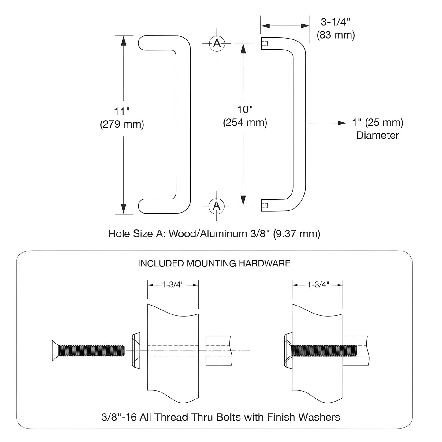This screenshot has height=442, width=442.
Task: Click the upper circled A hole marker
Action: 217,43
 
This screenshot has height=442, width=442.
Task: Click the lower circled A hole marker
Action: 217,206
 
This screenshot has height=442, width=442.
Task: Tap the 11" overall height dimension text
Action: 122,111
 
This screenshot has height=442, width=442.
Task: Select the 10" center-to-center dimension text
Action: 245,110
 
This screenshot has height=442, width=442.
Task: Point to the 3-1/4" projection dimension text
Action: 335,22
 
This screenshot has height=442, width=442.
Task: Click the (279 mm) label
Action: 122,124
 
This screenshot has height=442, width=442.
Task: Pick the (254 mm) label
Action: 245,123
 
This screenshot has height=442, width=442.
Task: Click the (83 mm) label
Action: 336,35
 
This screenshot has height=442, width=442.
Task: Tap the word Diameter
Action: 377,135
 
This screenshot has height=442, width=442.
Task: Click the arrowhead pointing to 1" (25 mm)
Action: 342,123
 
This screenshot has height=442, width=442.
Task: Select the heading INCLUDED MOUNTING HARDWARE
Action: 214,263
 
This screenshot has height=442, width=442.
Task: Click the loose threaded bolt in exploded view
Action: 92,350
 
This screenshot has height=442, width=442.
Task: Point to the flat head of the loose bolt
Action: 55,350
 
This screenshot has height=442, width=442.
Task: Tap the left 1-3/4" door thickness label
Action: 173,285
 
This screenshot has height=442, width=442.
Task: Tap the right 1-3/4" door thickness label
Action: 318,285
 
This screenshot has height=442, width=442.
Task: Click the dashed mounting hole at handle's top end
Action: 265,43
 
